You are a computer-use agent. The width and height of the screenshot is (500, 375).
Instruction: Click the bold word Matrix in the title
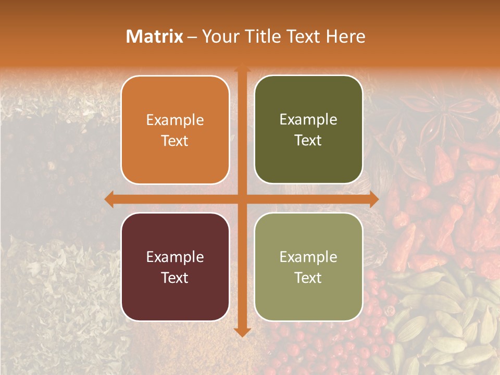155,36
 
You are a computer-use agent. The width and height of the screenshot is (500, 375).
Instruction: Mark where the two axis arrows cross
242,199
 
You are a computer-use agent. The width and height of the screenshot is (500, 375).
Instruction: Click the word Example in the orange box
175,120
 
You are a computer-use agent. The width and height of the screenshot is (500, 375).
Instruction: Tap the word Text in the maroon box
175,278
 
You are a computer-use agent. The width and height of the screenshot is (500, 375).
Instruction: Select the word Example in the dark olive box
308,119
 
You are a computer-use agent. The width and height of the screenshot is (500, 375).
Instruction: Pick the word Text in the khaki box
308,278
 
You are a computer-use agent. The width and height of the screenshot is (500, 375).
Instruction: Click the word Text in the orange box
175,141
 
